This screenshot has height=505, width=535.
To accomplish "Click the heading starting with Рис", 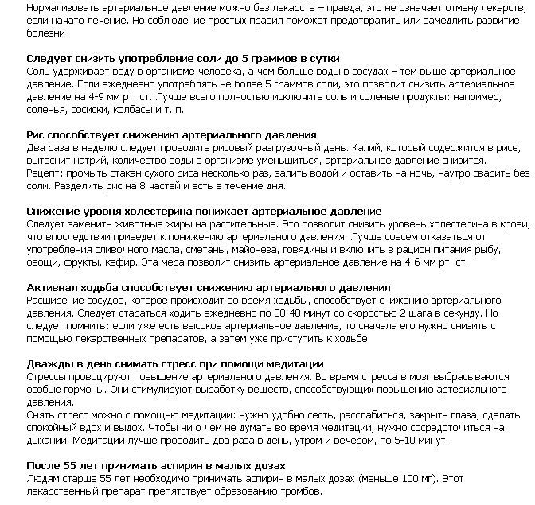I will pos(171,135).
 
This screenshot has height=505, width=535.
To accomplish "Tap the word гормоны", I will pos(80,390).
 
